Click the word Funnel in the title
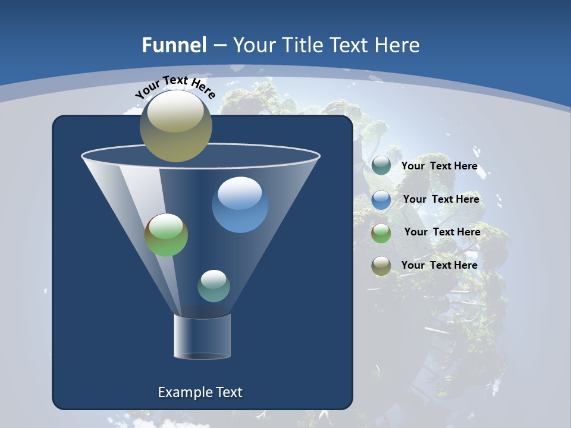coord(174,45)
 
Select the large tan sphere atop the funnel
coord(176,125)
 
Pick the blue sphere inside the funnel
coord(240,204)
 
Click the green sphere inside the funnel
coord(166,235)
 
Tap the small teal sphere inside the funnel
coord(214,285)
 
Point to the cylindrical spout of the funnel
coord(202,336)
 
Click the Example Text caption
coord(200,392)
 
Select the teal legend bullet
coord(381,166)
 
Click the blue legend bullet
coord(381,200)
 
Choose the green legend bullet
coord(381,233)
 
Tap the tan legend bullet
coord(381,266)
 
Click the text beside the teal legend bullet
coord(439,166)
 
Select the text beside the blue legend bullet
coord(441,199)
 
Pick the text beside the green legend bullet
coord(442,232)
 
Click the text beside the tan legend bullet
coord(439,265)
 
